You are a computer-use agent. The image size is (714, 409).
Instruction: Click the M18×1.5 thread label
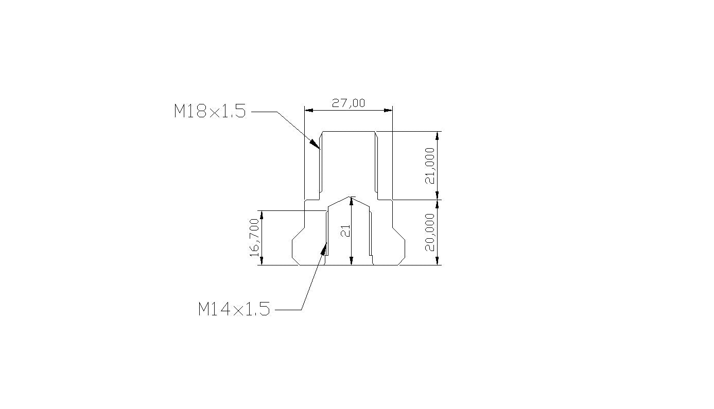point(210,111)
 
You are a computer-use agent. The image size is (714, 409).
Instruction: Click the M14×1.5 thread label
point(234,309)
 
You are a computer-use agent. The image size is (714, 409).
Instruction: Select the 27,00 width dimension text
point(348,103)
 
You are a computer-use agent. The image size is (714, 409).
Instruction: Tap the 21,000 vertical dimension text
point(430,165)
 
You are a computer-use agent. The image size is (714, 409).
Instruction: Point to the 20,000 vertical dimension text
point(430,232)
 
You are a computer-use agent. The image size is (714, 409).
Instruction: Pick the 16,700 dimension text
point(254,237)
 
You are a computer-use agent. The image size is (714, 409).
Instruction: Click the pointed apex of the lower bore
point(351,197)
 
